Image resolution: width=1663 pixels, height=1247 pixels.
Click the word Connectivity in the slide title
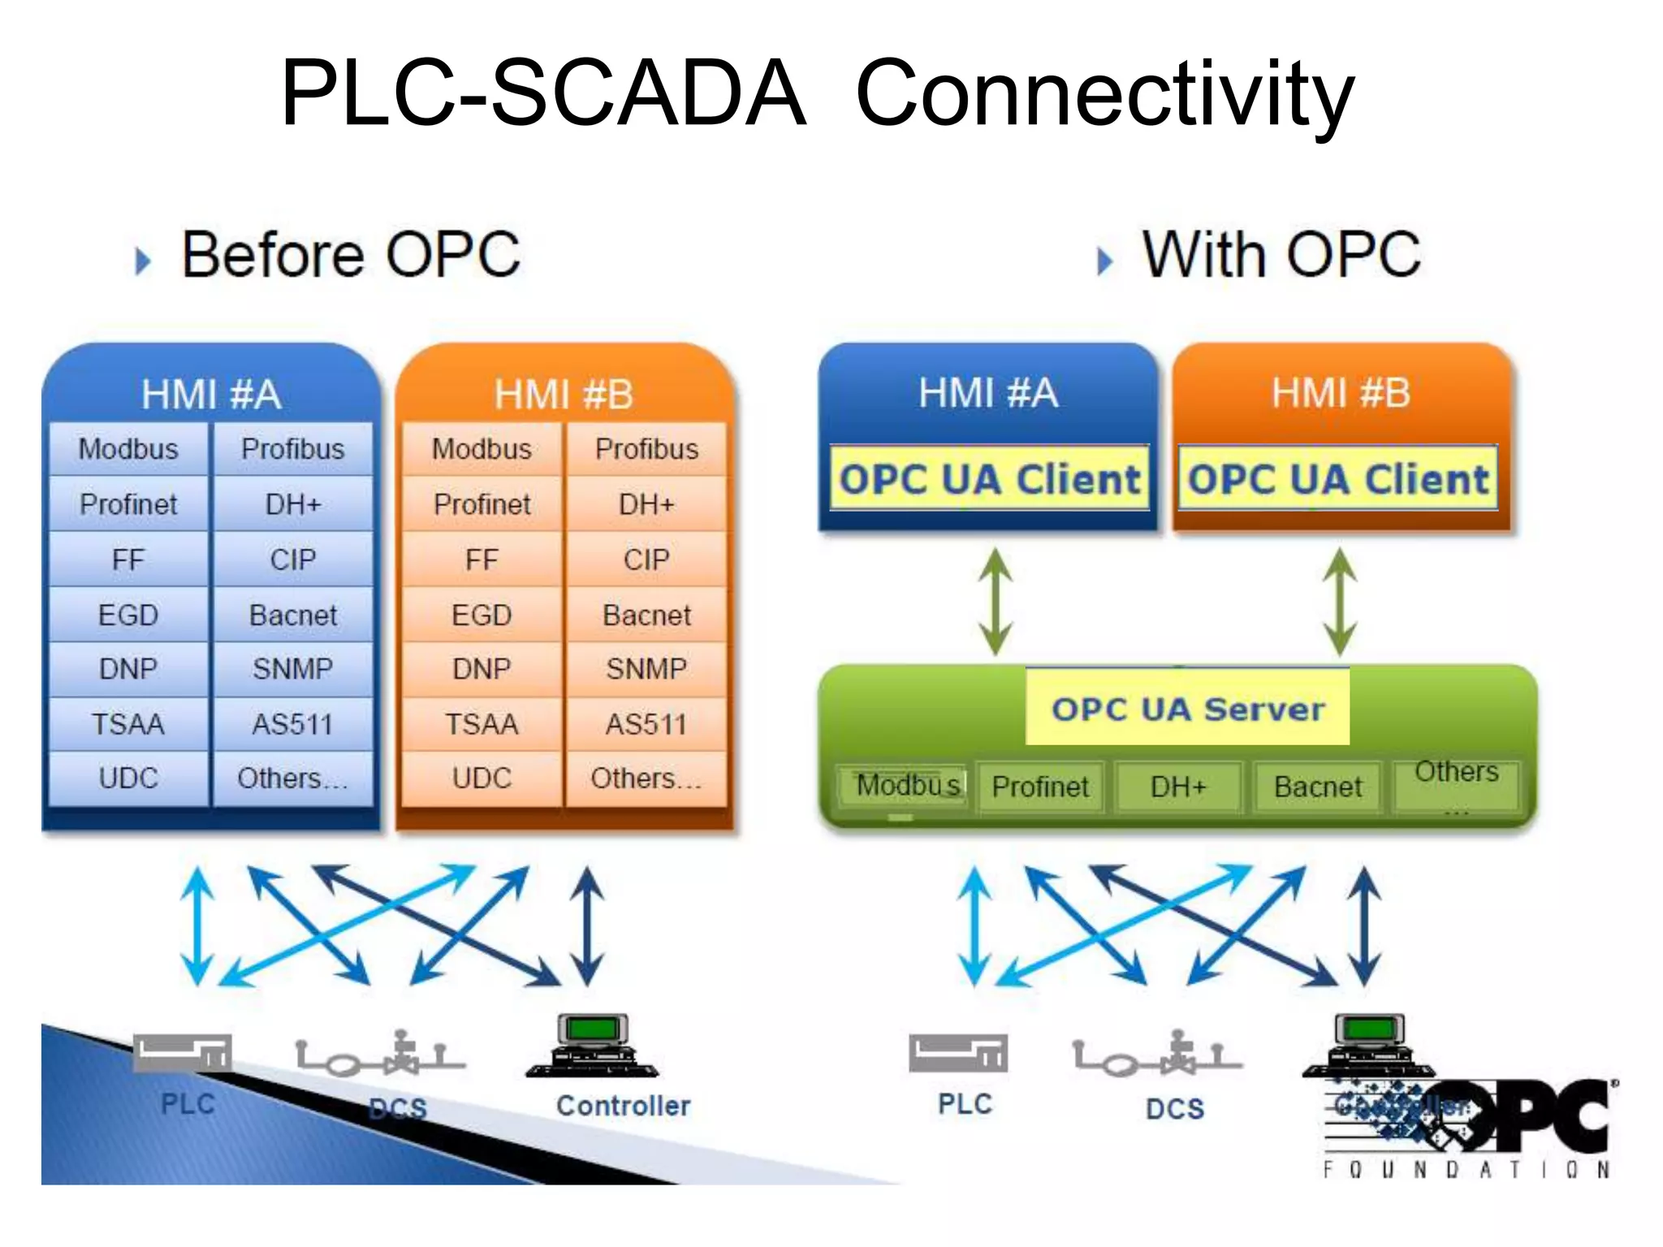(x=1104, y=96)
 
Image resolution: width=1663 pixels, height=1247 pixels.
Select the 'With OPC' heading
(x=1281, y=255)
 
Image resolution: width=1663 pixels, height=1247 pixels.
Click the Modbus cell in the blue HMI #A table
(x=128, y=449)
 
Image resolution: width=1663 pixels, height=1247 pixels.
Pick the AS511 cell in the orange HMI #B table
(x=646, y=724)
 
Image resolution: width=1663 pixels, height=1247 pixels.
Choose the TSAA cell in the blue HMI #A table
(x=128, y=724)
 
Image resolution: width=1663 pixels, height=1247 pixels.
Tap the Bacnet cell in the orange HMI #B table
(x=646, y=615)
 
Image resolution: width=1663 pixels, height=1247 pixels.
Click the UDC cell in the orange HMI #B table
(x=482, y=779)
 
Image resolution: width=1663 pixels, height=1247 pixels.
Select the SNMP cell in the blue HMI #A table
(x=292, y=669)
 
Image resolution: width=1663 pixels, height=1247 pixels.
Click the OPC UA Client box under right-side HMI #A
(x=989, y=478)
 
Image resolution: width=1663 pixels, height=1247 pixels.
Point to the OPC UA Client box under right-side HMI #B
(x=1338, y=478)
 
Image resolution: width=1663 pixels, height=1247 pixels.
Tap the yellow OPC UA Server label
(x=1187, y=709)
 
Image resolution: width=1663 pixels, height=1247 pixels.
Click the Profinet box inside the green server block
(x=1040, y=787)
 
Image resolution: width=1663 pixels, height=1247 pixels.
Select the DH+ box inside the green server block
(x=1178, y=787)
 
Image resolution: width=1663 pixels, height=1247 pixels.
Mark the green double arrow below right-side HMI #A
(x=996, y=602)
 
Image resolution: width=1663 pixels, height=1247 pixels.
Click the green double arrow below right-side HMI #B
(x=1340, y=602)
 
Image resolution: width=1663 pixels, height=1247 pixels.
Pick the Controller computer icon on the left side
(x=593, y=1046)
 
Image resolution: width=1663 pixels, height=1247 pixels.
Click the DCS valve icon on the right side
(x=1158, y=1055)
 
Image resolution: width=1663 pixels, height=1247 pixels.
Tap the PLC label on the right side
(x=965, y=1104)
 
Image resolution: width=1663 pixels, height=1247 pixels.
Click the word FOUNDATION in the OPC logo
(x=1466, y=1170)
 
